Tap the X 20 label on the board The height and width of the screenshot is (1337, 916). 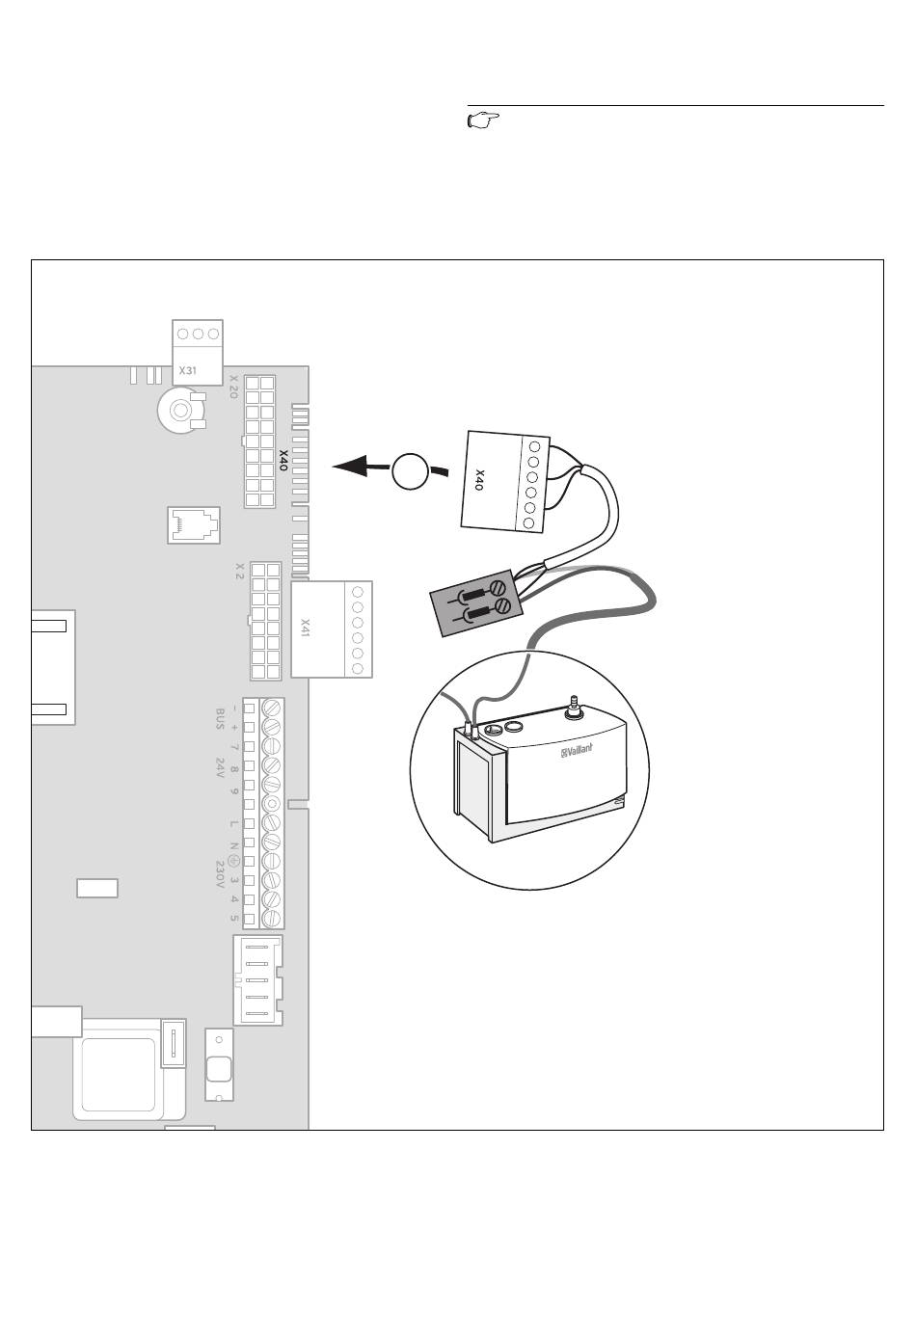pyautogui.click(x=233, y=387)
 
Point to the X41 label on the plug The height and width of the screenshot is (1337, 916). pyautogui.click(x=306, y=628)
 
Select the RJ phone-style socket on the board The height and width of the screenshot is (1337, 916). pyautogui.click(x=193, y=524)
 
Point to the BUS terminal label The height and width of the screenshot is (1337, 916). pyautogui.click(x=220, y=719)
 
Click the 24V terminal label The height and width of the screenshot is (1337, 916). pyautogui.click(x=220, y=768)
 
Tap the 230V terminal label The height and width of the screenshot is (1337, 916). pyautogui.click(x=220, y=874)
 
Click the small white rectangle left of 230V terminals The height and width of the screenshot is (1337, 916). pyautogui.click(x=97, y=888)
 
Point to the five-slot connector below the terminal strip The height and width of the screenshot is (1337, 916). pyautogui.click(x=257, y=979)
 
